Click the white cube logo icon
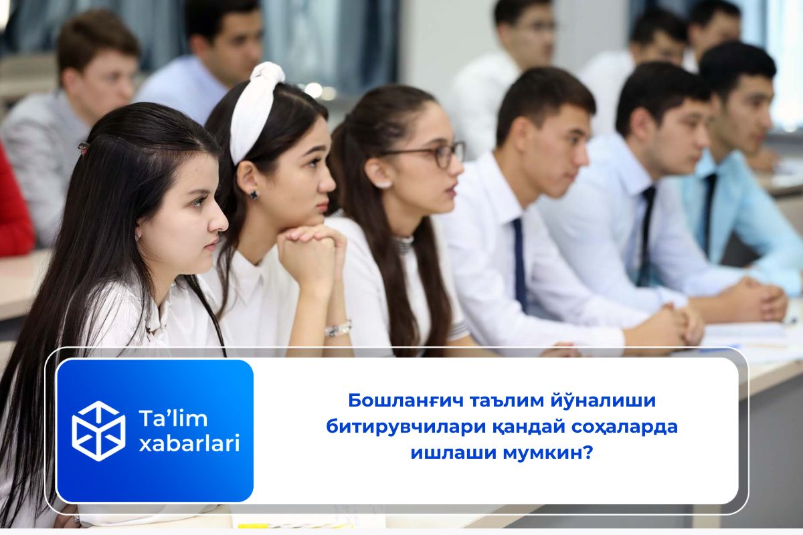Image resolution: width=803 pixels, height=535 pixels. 98,431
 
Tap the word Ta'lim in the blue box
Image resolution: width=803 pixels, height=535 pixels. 173,419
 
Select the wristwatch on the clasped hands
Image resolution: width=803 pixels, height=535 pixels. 338,329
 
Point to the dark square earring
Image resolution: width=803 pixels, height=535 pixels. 254,195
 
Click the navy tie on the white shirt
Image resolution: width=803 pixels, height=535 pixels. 519,264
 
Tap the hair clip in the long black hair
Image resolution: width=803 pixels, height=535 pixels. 83,147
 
